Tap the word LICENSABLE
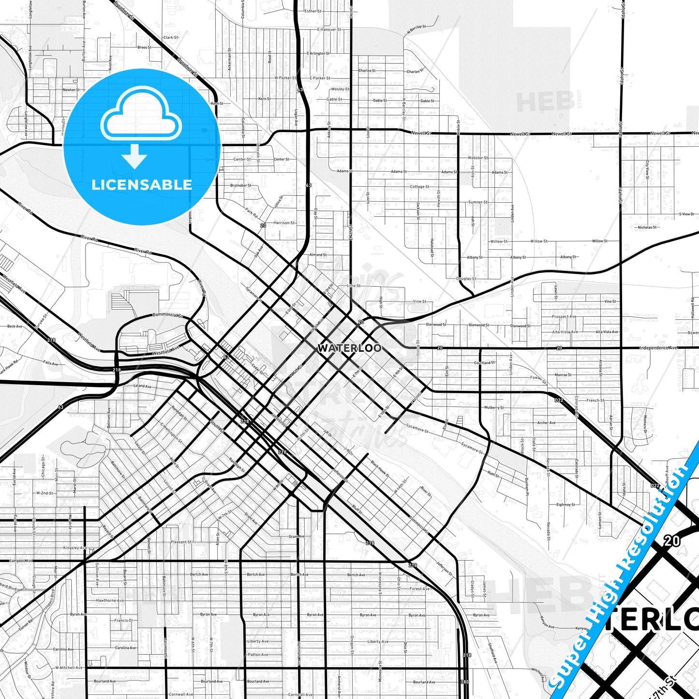tap(142, 184)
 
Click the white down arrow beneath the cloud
tap(134, 156)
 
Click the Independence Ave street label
tap(658, 348)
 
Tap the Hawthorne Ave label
tap(110, 600)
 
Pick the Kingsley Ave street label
tap(75, 548)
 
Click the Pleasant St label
tap(181, 542)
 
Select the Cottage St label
tap(419, 187)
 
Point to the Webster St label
tap(477, 158)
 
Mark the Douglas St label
tap(466, 279)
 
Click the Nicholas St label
tap(647, 227)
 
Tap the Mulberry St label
tap(493, 408)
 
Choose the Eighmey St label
tap(565, 505)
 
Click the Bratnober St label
tap(240, 185)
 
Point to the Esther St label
tap(312, 11)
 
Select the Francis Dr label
tap(123, 620)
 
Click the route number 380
tap(464, 682)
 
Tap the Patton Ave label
tap(258, 654)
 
